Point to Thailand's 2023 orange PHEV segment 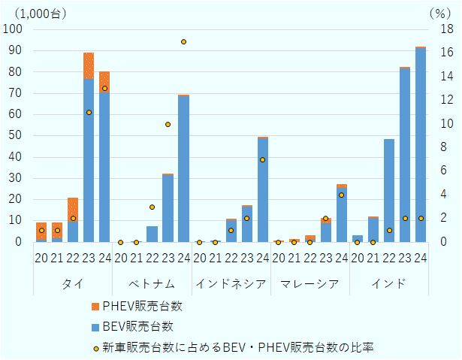89,66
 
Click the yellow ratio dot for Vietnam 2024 183,41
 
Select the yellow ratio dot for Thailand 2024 104,89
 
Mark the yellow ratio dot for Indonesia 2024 263,159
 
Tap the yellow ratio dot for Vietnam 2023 168,124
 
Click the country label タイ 73,283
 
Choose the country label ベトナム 152,283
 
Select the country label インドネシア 231,283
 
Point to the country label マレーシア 310,283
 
